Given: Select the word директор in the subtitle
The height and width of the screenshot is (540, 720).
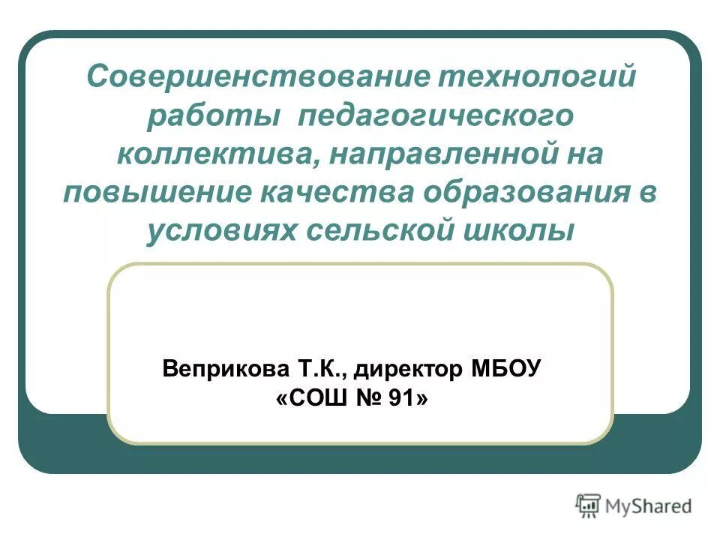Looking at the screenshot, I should [x=409, y=370].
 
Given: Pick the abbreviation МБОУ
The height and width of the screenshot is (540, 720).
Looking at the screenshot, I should [x=506, y=369].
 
